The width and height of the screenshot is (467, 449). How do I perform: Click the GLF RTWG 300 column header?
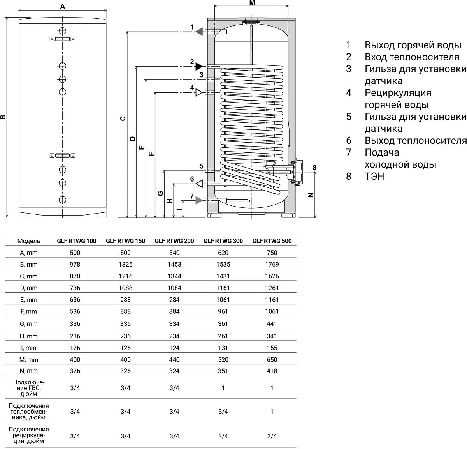coord(223,241)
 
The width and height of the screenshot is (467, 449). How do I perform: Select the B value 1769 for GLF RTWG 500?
coord(272,264)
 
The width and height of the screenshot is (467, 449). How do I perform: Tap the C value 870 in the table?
coord(75,276)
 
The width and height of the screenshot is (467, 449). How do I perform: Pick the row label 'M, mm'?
coord(28,359)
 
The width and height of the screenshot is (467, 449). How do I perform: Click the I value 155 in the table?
coord(272,348)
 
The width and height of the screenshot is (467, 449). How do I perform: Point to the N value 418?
coord(272,371)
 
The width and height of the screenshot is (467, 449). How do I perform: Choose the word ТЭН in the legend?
coord(374,176)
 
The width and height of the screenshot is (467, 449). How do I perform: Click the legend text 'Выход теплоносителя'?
coord(415,140)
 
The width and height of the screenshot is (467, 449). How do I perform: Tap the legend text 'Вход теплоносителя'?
coord(412,57)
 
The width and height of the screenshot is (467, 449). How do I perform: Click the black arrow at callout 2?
coord(199,66)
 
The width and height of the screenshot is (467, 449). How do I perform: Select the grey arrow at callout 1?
coord(199,32)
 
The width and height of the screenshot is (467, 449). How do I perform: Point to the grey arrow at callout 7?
coord(199,200)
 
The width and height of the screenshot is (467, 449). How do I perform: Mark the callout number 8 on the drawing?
coord(314,168)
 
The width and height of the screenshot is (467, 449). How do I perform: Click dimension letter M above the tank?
coord(252,3)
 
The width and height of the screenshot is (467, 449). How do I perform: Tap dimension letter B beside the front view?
coord(4,117)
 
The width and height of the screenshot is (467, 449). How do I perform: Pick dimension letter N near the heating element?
coord(310,195)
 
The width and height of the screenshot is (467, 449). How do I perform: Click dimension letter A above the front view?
coord(63,7)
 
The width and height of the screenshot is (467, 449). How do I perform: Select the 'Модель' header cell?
coord(28,241)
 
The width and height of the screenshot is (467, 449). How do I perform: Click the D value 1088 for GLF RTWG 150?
coord(125,288)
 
